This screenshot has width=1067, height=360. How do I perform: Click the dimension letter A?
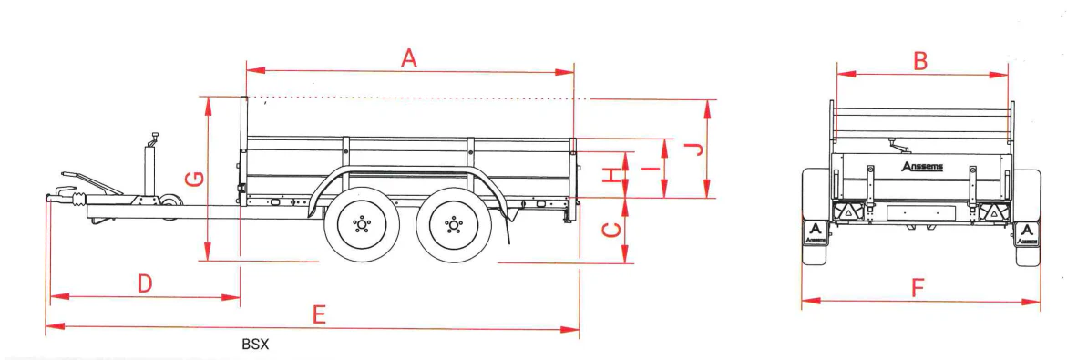pos(409,58)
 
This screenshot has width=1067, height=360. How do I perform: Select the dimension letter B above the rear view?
pos(920,61)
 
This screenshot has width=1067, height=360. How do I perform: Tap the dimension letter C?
pos(613,230)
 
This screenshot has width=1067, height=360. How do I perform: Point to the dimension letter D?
pos(145,283)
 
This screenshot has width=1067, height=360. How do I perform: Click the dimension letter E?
pos(318,314)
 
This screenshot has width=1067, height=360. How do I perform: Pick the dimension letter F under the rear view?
pos(918,289)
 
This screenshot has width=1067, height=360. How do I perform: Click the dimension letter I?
pos(649,168)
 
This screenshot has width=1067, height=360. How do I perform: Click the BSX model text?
pos(255,345)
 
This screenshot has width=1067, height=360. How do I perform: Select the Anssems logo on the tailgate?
pos(921,167)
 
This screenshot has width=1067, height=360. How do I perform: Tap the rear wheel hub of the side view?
pos(451,224)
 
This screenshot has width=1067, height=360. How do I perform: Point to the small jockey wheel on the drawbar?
pos(169,208)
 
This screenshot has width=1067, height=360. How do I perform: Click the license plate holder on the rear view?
pos(921,213)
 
